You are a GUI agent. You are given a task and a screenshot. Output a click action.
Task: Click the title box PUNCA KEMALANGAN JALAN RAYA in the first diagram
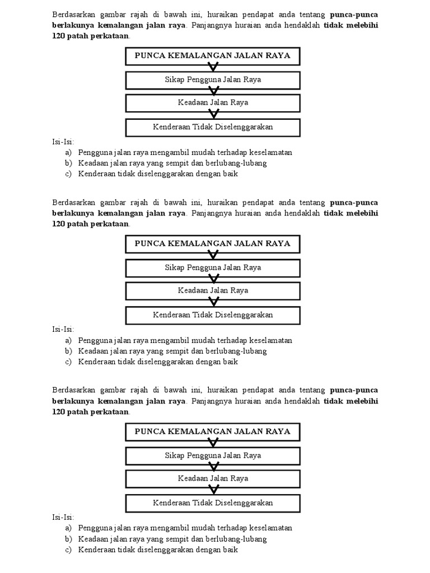click(213, 56)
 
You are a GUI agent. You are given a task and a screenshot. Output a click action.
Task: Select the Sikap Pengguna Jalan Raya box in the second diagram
click(213, 267)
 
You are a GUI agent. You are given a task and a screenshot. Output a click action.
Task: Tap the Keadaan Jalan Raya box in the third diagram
click(213, 478)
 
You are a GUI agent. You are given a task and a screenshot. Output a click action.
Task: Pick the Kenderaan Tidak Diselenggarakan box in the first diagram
click(213, 127)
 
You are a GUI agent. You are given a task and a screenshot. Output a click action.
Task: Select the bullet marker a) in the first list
click(68, 152)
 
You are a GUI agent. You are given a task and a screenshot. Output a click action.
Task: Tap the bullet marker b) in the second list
click(68, 351)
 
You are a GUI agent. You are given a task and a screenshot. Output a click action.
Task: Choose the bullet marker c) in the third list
click(68, 549)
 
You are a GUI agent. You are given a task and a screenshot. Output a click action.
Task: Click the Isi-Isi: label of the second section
click(63, 329)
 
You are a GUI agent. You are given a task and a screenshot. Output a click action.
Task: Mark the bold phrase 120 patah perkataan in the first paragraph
click(90, 35)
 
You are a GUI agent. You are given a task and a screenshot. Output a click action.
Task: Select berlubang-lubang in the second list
click(236, 351)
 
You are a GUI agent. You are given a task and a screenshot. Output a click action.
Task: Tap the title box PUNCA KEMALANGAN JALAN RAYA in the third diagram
click(213, 431)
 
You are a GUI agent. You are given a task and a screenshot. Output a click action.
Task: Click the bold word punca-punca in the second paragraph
click(354, 202)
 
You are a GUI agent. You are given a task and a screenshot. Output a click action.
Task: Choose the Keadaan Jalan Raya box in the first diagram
click(213, 103)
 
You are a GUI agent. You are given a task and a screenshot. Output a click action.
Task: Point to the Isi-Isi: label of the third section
click(63, 517)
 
